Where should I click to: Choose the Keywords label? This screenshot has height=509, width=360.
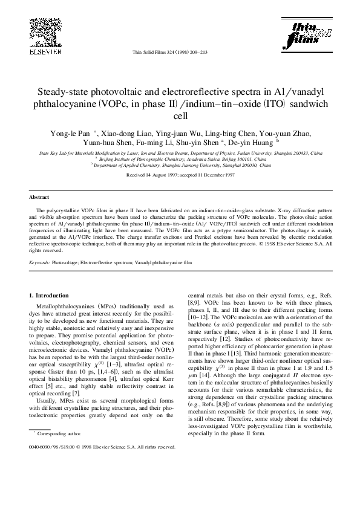click(40, 264)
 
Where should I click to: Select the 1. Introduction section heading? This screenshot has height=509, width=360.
click(50, 294)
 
